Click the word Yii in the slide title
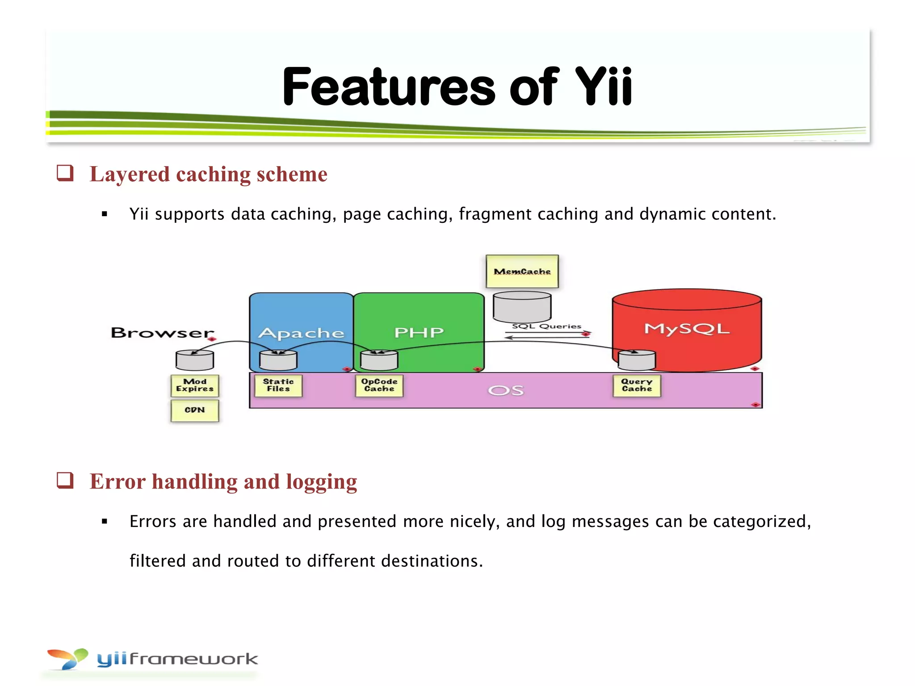point(603,87)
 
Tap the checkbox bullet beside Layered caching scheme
point(65,173)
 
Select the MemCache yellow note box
point(522,272)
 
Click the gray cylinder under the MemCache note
point(522,306)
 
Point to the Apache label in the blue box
point(301,333)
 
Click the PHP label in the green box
point(419,333)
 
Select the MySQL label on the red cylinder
point(686,329)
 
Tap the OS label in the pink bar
point(505,391)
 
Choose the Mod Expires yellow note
point(195,385)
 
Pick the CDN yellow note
point(195,410)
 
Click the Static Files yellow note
point(278,385)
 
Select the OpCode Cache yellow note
point(379,385)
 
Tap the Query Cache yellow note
point(637,385)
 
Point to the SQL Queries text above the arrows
point(546,326)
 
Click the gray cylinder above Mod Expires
point(195,360)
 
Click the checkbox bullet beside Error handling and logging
point(65,481)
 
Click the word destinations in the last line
point(431,561)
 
